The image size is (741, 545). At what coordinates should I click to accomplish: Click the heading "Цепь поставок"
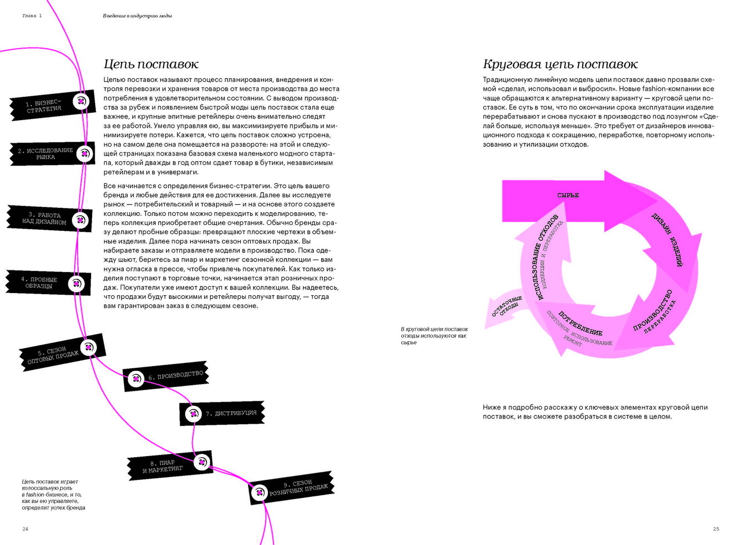pos(151,65)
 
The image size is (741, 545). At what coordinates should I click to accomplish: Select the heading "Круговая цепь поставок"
pos(560,65)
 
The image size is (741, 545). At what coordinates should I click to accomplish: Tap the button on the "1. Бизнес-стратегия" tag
pos(81,101)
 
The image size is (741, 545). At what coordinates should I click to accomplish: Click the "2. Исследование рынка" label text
pos(46,153)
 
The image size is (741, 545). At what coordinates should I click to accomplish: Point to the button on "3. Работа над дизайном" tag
pos(80,220)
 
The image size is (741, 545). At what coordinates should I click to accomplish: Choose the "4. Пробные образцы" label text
pos(39,283)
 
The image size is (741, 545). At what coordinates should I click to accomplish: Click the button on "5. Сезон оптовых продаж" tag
pos(88,348)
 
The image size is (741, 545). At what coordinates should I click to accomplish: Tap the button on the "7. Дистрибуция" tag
pos(193,413)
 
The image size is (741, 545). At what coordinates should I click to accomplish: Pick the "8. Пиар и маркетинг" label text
pos(162,466)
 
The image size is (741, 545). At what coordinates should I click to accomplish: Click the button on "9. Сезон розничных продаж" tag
pos(259,493)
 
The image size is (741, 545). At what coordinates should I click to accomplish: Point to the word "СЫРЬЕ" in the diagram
pos(568,195)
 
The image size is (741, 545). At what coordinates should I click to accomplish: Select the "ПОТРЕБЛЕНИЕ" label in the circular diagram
pos(580,324)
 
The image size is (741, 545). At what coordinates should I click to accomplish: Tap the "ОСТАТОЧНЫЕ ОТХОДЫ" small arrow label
pos(507,306)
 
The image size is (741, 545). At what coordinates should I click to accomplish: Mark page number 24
pos(25,529)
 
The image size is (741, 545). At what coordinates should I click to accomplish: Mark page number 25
pos(716,529)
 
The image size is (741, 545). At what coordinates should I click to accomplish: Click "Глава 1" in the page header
pos(32,16)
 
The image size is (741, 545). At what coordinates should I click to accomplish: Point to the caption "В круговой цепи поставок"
pos(434,329)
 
